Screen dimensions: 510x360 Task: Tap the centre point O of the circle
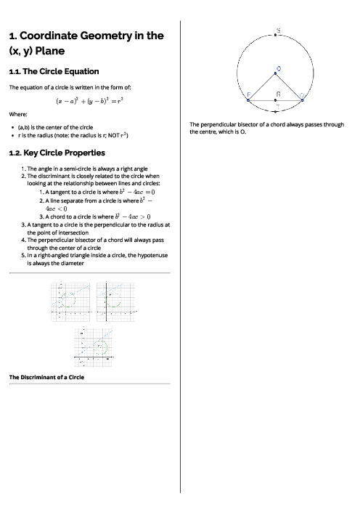tap(276, 73)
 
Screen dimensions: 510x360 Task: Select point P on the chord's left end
tap(248, 100)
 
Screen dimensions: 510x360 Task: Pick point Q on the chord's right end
tap(303, 100)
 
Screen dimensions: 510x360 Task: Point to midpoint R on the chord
tap(276, 100)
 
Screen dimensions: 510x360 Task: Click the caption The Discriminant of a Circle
tap(46, 377)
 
